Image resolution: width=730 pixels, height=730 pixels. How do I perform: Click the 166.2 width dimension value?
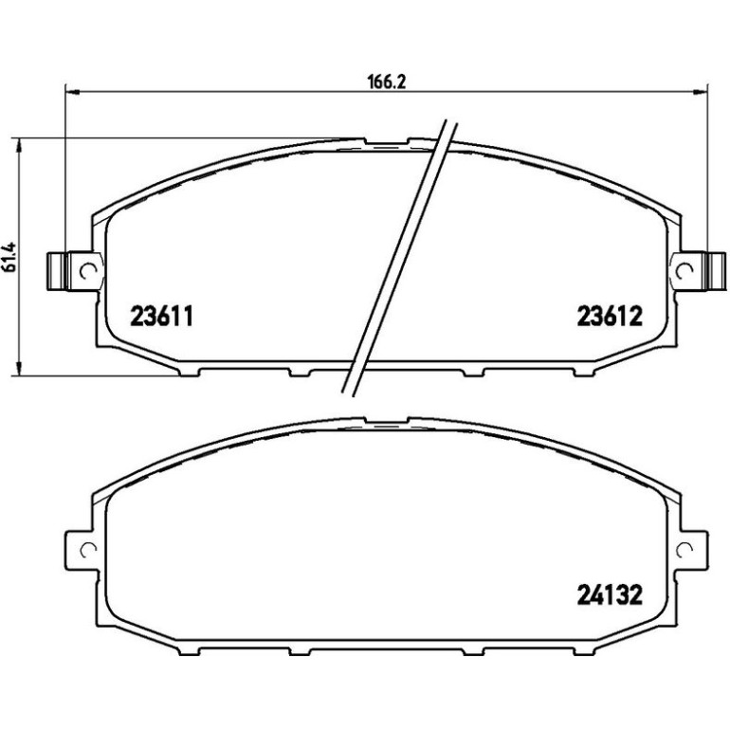coord(388,82)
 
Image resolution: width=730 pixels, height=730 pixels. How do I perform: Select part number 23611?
coord(161,317)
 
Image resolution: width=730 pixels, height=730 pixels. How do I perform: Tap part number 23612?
coord(610,317)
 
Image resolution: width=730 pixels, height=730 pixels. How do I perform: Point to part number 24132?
coord(610,594)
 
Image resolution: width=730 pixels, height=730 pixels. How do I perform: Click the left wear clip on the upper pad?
coord(58,271)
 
